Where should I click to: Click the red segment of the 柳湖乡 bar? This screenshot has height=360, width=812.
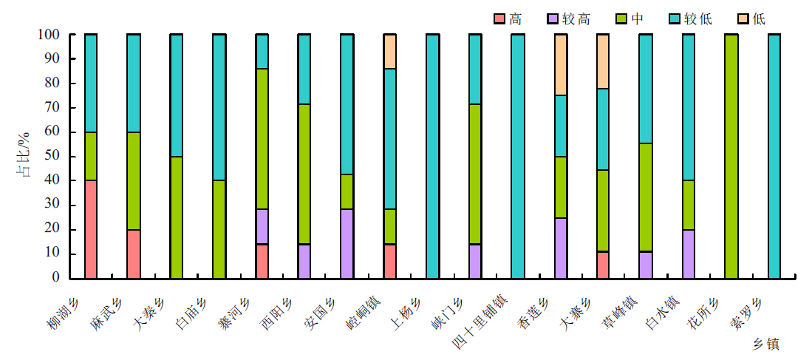click(91, 229)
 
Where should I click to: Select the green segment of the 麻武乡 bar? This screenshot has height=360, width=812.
click(134, 181)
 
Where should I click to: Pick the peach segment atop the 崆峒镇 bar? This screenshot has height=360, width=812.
click(390, 51)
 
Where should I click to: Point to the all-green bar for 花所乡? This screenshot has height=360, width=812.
click(731, 156)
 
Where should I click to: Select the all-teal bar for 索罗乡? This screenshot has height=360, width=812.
click(774, 156)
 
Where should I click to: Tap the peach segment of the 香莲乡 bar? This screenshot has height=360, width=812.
click(561, 64)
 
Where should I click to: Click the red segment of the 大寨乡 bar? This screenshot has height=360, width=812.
click(603, 265)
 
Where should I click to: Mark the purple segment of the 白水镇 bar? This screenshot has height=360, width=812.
click(689, 254)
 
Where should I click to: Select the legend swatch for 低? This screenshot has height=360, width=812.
click(742, 18)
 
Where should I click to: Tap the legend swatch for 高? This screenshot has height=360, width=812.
click(499, 18)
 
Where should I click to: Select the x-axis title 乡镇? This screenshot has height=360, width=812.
click(765, 344)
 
